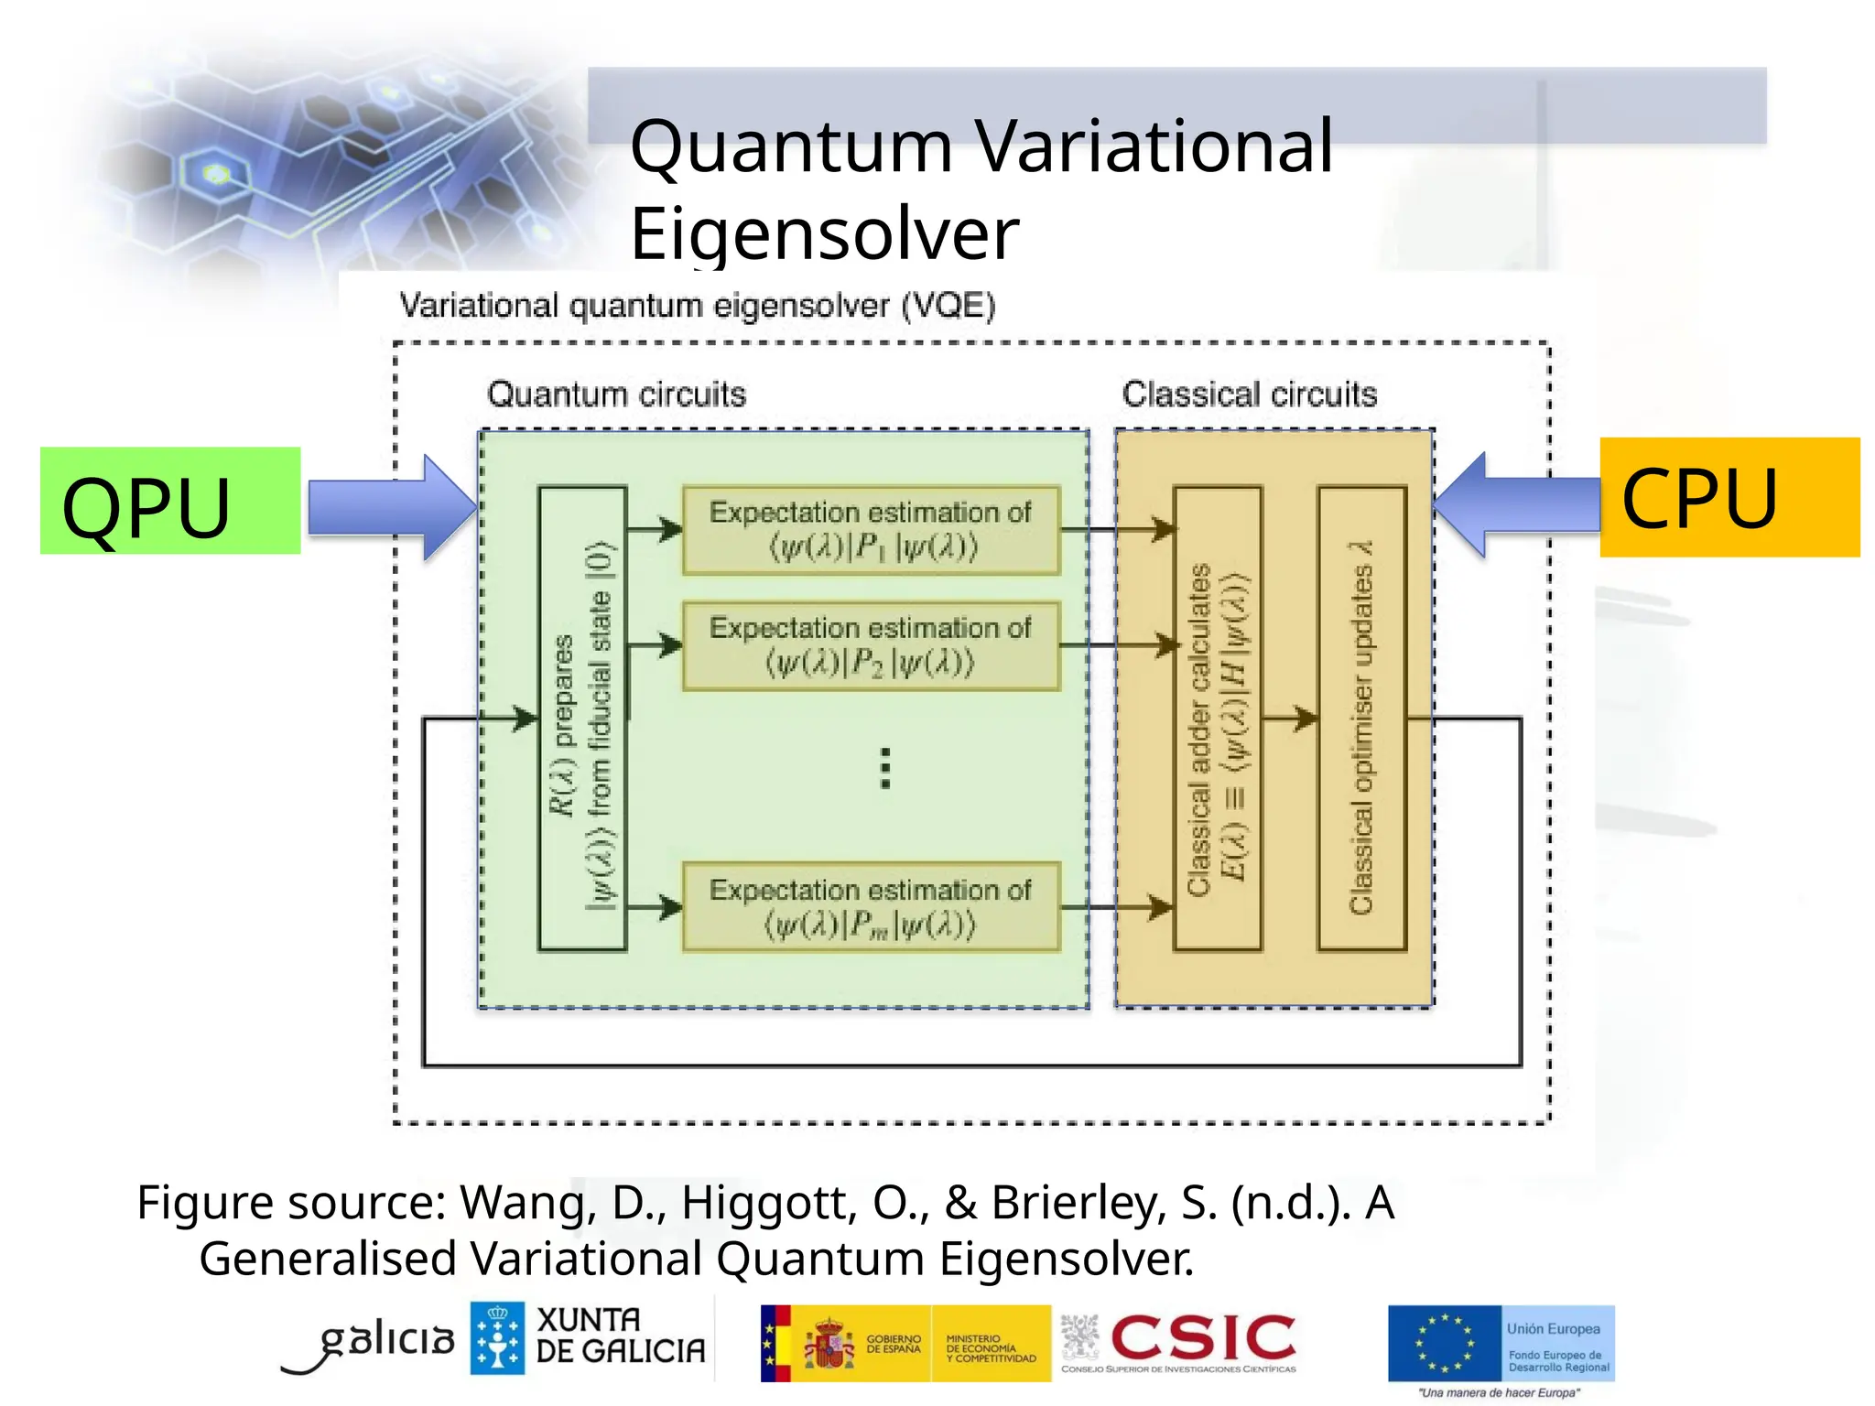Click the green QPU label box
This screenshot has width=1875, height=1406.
tap(170, 501)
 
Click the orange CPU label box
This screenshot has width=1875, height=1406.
tap(1729, 497)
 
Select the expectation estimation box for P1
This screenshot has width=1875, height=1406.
tap(871, 530)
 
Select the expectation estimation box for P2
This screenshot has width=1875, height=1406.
tap(871, 645)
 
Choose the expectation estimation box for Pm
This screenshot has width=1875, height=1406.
tap(871, 907)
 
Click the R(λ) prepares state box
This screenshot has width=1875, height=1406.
tap(582, 719)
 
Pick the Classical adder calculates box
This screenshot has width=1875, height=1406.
tap(1218, 719)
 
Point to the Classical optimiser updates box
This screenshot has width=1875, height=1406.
tap(1361, 719)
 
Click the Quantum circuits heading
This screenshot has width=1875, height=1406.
tap(616, 395)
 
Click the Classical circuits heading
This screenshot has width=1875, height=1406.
tap(1249, 395)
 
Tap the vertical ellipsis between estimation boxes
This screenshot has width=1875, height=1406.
tap(884, 768)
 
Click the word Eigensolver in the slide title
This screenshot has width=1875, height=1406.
tap(824, 234)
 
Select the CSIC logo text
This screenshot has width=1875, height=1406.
tap(1203, 1338)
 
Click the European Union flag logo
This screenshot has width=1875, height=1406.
tap(1445, 1343)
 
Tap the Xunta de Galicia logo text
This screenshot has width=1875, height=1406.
tap(620, 1336)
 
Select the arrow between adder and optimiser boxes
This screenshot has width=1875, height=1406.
tap(1290, 719)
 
